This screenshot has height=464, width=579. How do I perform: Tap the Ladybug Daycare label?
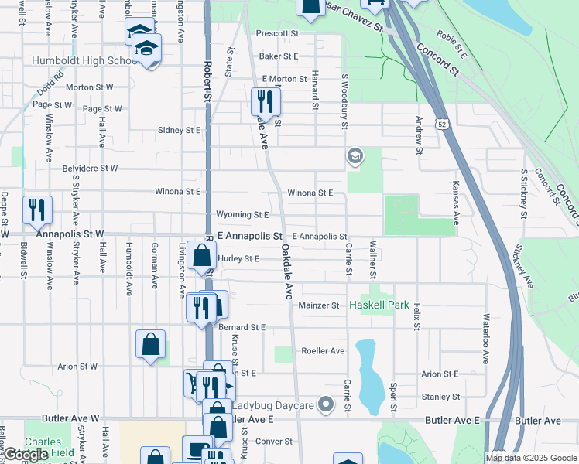pos(273,405)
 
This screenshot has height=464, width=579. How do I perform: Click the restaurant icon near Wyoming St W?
pos(37,209)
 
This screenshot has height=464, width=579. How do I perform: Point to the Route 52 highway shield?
pos(440,125)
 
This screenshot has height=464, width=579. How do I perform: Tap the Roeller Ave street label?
pos(323,351)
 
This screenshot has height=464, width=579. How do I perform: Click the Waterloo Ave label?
pos(486,338)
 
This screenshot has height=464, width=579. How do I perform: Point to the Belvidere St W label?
pos(91,168)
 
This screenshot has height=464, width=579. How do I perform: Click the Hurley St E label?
pos(238,259)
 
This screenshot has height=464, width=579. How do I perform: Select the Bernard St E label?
pos(242,328)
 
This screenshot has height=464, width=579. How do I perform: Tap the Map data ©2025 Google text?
pos(530,458)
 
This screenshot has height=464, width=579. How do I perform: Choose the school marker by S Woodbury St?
pos(355,157)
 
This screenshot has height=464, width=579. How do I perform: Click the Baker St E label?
pos(279,56)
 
